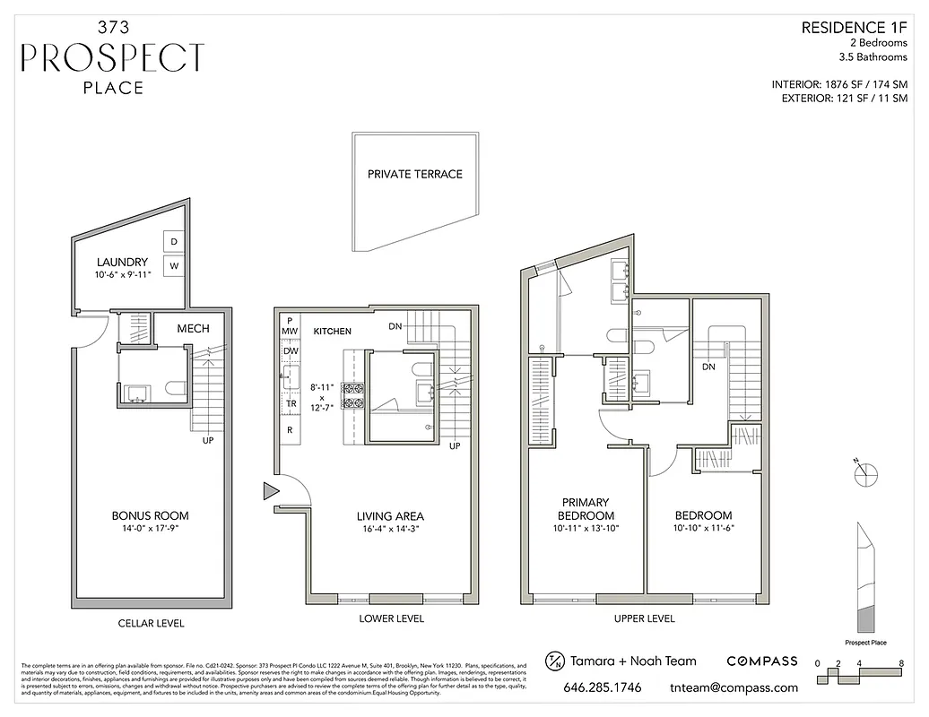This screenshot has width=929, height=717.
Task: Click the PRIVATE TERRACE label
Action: point(414,174)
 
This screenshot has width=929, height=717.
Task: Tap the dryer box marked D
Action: point(174,242)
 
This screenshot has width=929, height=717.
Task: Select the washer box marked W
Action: point(174,266)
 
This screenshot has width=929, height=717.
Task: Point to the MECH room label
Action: point(193,329)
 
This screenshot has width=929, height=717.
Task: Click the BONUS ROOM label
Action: point(150,515)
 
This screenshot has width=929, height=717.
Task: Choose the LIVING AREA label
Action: point(390,516)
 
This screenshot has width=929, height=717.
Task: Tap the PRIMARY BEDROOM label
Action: point(586,509)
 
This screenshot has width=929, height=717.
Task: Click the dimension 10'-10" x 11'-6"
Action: point(703,529)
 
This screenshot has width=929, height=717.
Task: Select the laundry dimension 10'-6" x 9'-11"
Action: point(122,275)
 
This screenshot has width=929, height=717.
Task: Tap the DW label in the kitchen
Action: point(290,351)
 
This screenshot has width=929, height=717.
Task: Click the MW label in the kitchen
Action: point(290,332)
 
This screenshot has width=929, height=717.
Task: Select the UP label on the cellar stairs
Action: point(207,439)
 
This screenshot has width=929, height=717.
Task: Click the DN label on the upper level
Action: point(708,367)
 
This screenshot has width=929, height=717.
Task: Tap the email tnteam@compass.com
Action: point(734,688)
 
